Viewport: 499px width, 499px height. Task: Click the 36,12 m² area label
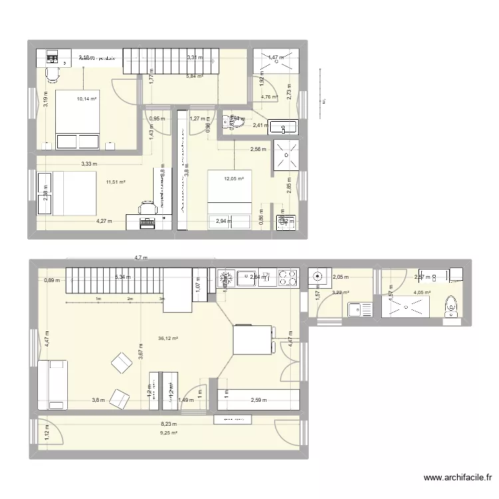169,338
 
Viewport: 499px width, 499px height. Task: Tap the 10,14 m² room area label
86,99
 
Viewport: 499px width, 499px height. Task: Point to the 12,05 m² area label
234,178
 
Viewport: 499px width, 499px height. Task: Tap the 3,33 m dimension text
89,164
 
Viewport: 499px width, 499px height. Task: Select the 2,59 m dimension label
259,400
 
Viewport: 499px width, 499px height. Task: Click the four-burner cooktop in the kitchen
287,277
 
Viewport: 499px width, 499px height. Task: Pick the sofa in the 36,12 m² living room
53,384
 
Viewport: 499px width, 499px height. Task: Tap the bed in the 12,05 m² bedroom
230,193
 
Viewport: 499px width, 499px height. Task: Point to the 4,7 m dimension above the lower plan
140,257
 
